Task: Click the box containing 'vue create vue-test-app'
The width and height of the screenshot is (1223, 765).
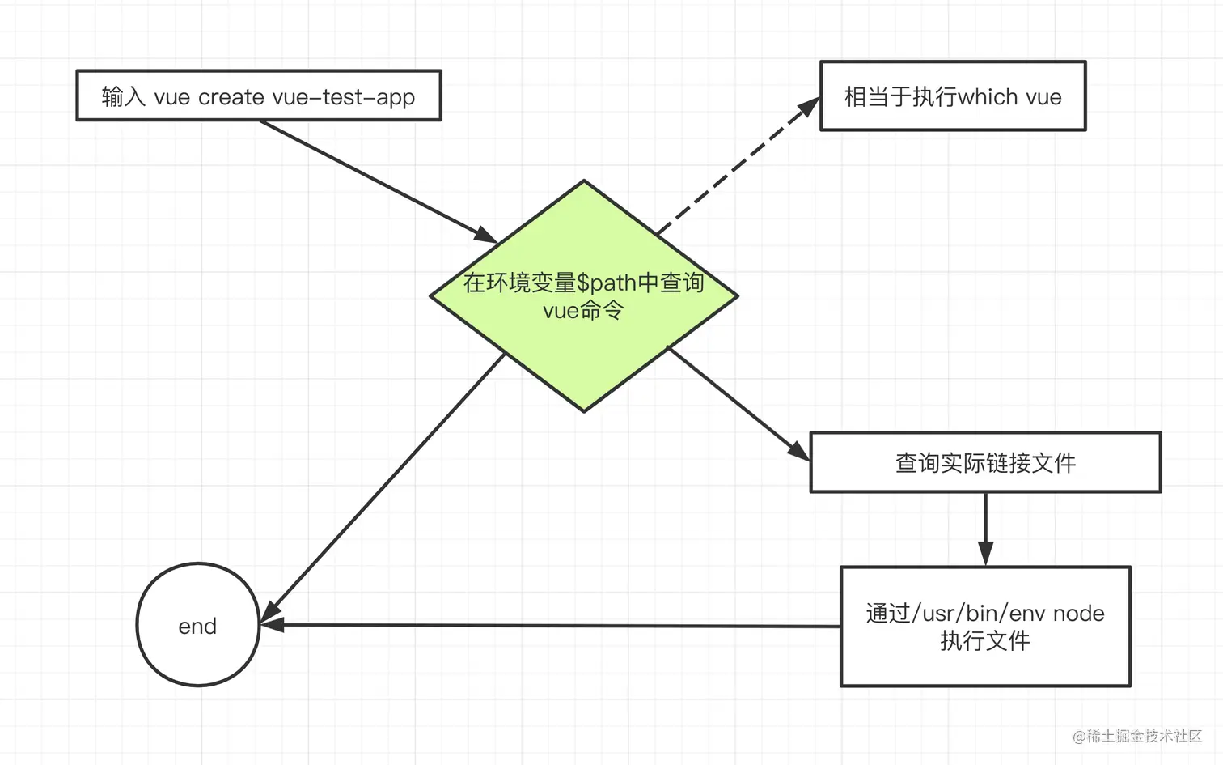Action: point(259,96)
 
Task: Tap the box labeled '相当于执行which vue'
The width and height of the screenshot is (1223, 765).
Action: point(953,96)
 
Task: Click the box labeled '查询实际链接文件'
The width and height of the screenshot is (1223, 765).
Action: point(985,462)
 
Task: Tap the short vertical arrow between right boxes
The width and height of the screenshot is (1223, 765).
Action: point(985,526)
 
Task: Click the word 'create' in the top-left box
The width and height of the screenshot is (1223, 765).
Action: point(231,97)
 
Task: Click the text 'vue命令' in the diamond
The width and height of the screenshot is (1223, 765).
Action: point(583,311)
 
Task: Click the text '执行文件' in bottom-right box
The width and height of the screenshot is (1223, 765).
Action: point(985,641)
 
